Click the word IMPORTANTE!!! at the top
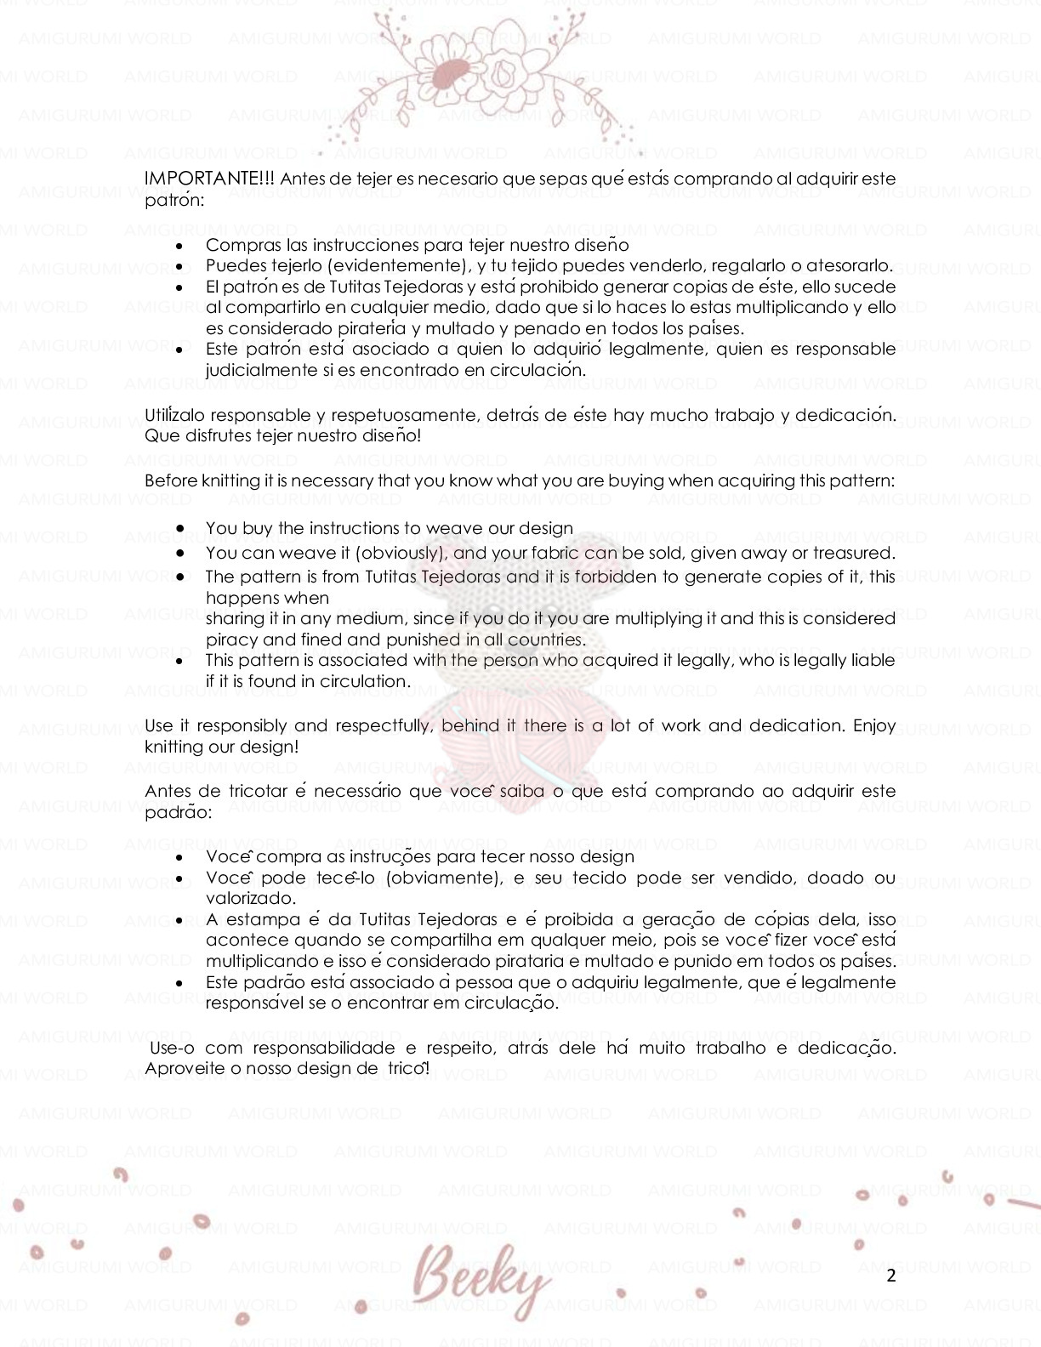pyautogui.click(x=209, y=179)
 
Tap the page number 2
pyautogui.click(x=890, y=1275)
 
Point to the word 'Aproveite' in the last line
pyautogui.click(x=182, y=1068)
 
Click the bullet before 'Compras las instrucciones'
pyautogui.click(x=180, y=246)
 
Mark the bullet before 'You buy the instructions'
pyautogui.click(x=180, y=529)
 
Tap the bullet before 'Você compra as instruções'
pyautogui.click(x=180, y=857)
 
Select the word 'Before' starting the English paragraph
pyautogui.click(x=171, y=480)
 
